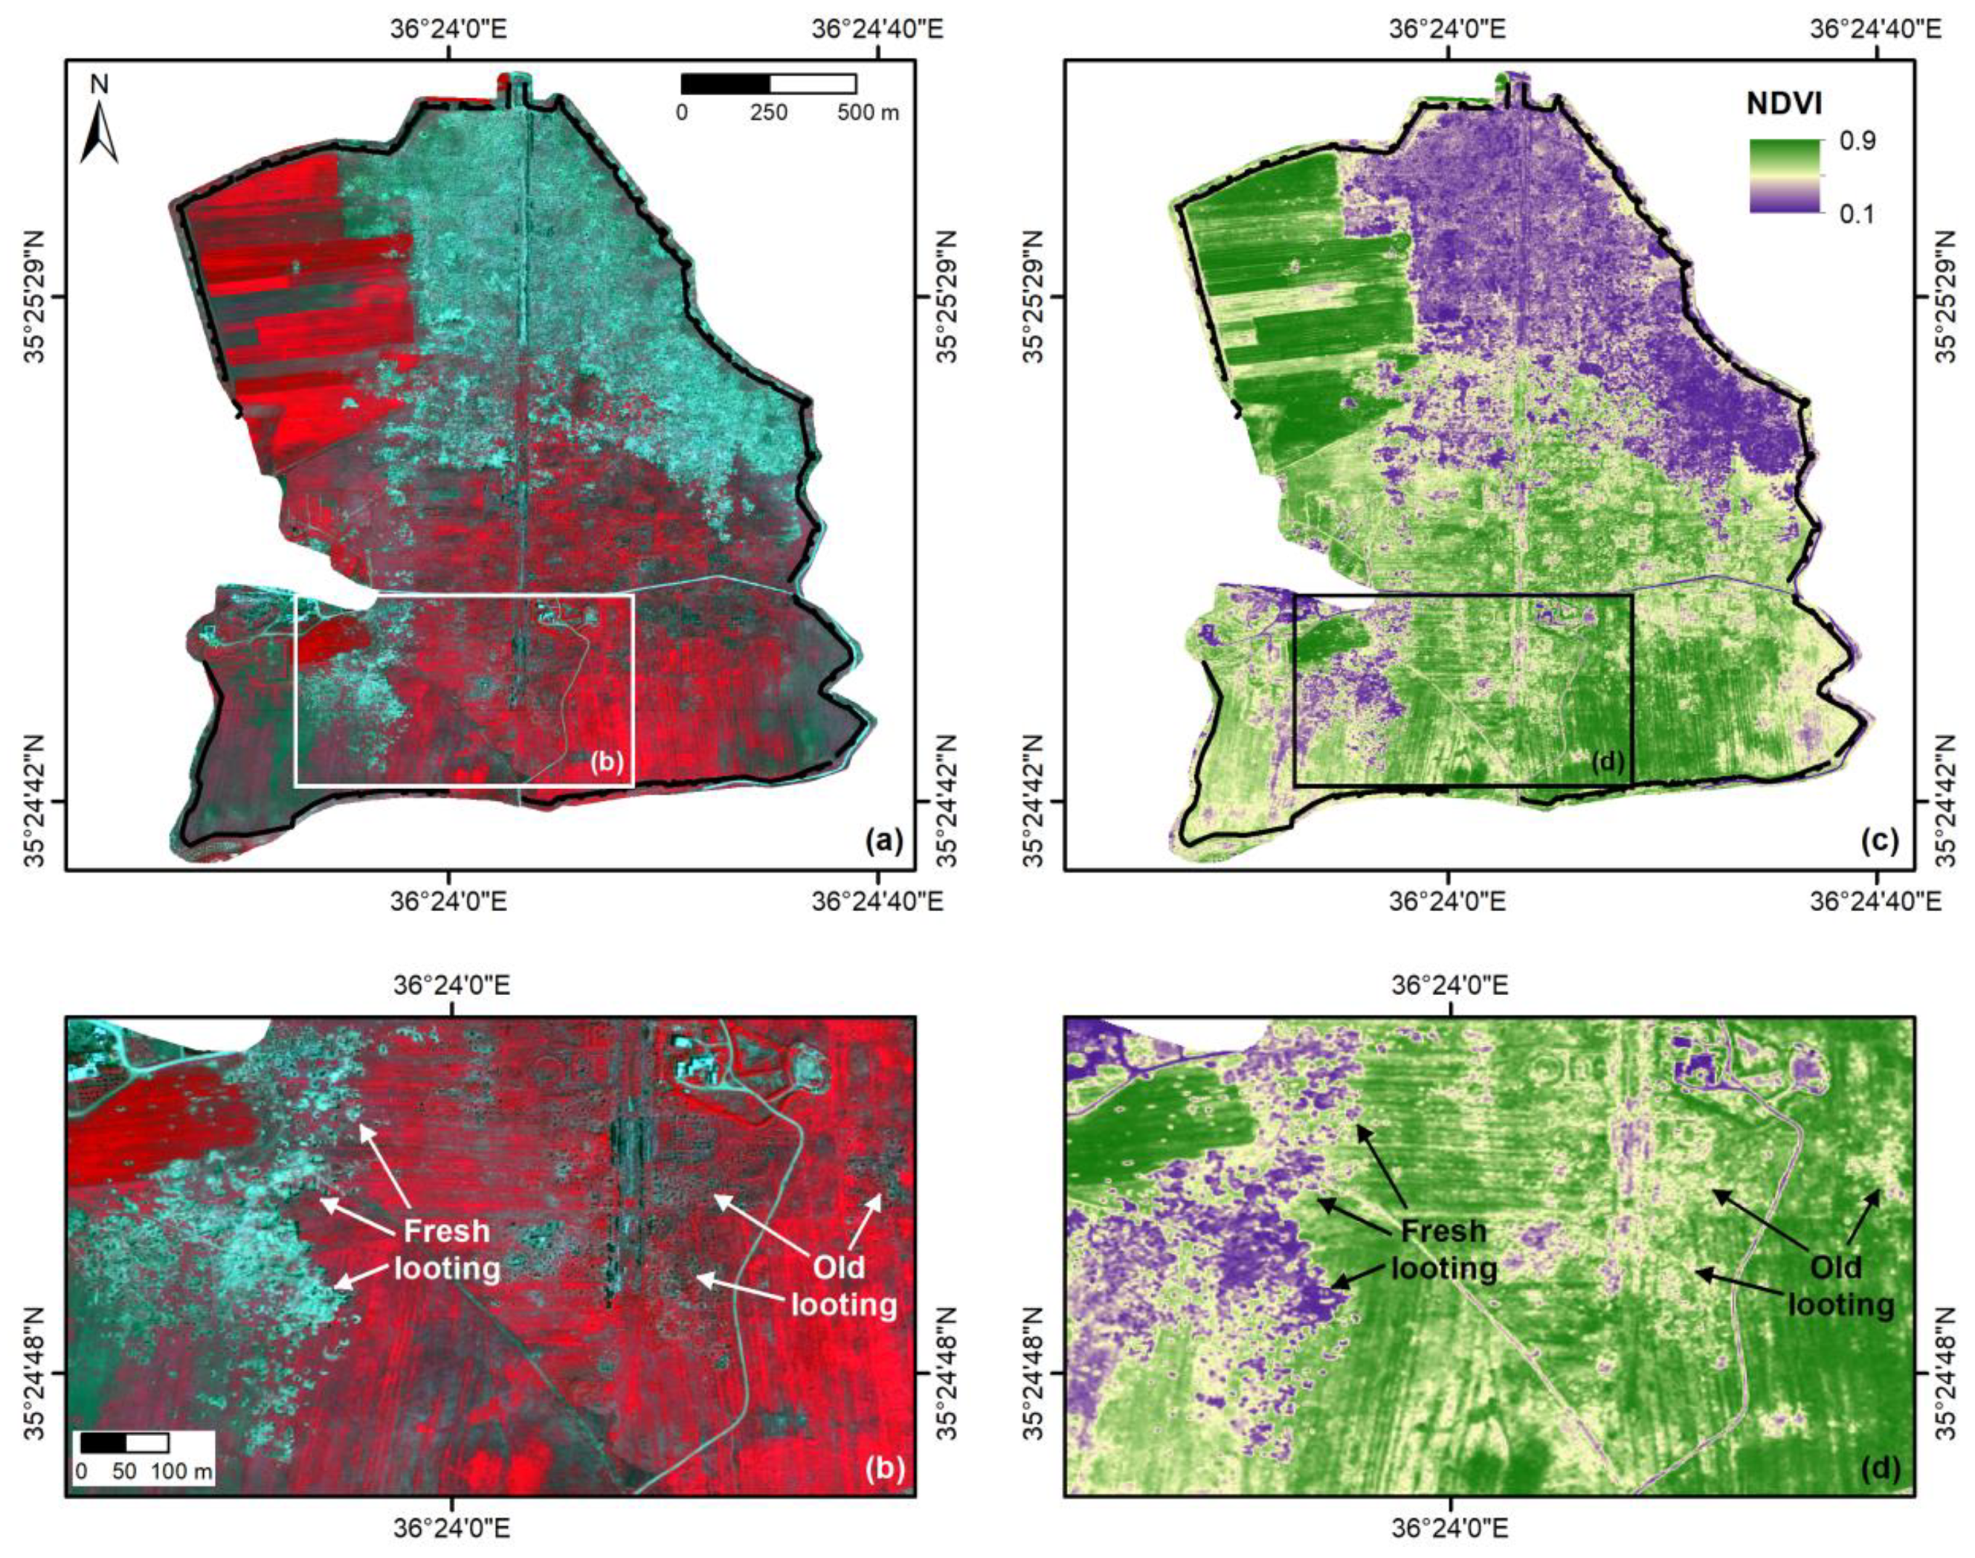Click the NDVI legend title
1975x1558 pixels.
point(1783,104)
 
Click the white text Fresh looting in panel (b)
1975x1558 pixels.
point(447,1250)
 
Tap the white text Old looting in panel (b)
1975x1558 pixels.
point(841,1286)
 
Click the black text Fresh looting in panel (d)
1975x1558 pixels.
point(1444,1250)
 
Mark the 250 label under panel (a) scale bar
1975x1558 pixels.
point(769,113)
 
